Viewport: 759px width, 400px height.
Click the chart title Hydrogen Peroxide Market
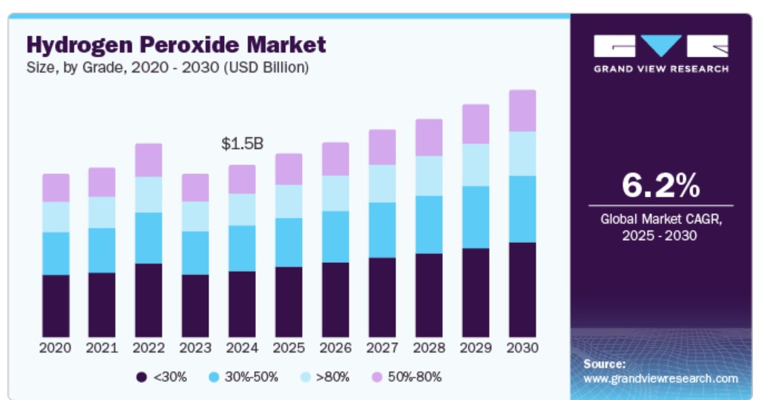(176, 44)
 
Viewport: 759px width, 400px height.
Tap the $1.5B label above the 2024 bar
(242, 144)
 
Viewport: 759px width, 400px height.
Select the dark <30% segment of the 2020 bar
(56, 306)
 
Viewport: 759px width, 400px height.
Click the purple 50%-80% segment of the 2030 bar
(522, 110)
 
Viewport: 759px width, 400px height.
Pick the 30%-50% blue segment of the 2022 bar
(148, 238)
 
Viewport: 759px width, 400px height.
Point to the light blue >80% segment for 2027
(382, 183)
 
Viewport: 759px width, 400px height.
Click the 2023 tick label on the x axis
(195, 348)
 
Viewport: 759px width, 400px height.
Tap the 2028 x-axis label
(429, 348)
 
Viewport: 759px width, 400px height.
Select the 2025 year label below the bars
(289, 348)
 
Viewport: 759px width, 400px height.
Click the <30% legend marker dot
(141, 377)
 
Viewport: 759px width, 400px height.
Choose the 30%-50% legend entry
(244, 377)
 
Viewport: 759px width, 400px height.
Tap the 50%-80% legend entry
(408, 377)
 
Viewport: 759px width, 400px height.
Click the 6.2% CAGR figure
(660, 186)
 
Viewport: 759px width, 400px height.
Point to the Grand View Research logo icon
(660, 47)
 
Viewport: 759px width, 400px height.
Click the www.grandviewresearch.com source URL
(660, 379)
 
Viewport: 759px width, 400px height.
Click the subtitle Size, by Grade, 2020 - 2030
(168, 67)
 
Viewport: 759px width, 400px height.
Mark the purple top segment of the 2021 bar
(102, 182)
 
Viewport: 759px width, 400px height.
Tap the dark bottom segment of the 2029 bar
(476, 293)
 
